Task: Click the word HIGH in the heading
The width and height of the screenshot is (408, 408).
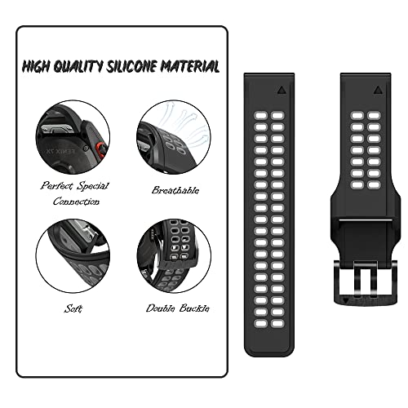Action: coord(36,67)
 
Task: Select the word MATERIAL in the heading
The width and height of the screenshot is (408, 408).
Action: coord(189,66)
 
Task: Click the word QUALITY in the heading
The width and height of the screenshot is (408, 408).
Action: coord(78,67)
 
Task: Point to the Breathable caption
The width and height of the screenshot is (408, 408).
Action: coord(175,190)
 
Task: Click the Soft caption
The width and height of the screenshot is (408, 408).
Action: coord(73,308)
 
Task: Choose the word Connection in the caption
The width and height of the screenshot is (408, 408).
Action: coord(76,202)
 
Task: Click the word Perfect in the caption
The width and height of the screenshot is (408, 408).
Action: coord(57,186)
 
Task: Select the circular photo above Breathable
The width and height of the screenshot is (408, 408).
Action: coord(174,137)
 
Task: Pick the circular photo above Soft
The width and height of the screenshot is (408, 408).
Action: coord(73,255)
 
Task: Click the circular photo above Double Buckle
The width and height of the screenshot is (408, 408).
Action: coord(174,255)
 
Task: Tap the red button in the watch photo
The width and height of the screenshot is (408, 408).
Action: coord(101,150)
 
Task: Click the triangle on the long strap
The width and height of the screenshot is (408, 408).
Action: coord(282,90)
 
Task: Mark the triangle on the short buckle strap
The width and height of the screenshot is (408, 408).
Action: coord(378,90)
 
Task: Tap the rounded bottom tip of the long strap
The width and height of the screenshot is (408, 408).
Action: coord(269,354)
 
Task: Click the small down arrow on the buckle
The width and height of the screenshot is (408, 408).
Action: coord(345,300)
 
